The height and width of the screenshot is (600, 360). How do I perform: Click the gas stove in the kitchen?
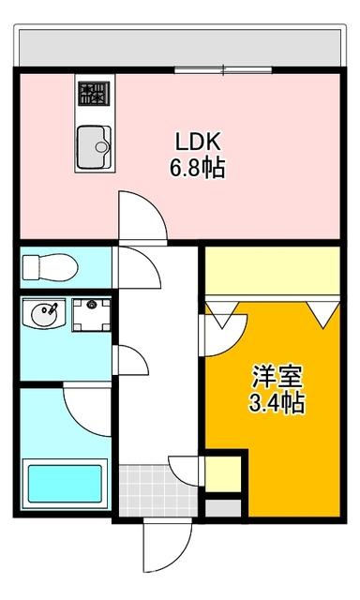point(93,94)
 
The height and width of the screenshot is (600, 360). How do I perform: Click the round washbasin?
point(43,315)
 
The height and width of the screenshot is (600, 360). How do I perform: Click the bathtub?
point(64,484)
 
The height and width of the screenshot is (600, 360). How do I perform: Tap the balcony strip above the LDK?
point(178,44)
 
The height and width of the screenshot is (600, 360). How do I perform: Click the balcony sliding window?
point(223,68)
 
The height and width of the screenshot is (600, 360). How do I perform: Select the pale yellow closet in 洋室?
point(272,270)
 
